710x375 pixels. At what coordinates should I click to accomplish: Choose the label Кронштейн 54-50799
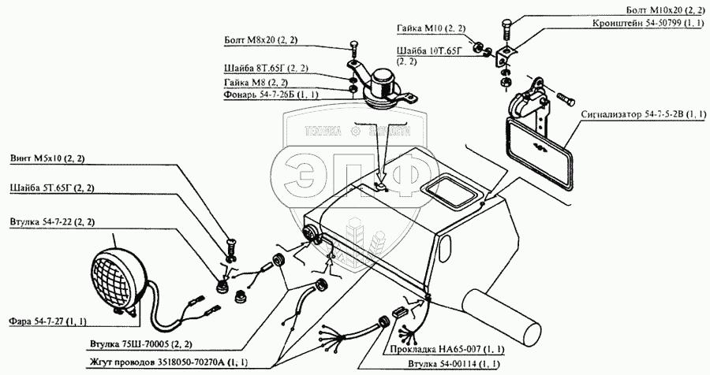[648, 23]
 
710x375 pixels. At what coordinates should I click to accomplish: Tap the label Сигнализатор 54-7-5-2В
[642, 114]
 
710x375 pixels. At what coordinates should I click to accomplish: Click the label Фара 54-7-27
[47, 321]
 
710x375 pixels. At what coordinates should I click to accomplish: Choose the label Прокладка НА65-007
[443, 348]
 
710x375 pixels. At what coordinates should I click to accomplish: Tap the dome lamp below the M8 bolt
[383, 83]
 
